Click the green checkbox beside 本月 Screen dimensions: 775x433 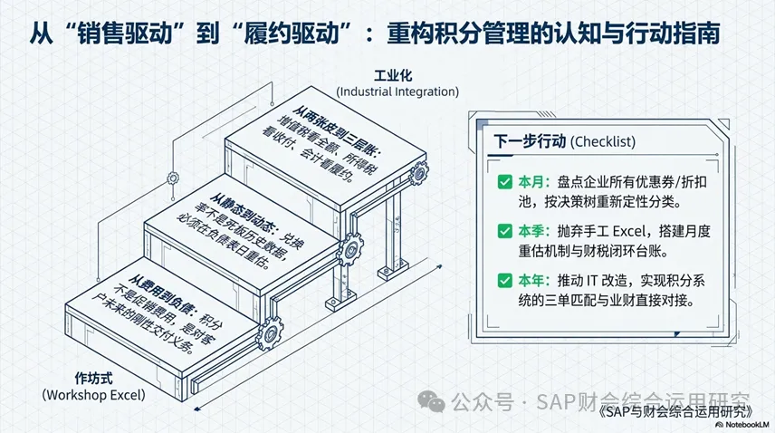tap(504, 182)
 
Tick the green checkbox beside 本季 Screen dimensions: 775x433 tap(504, 231)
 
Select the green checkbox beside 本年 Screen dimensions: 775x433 tap(504, 280)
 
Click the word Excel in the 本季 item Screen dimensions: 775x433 tap(628, 231)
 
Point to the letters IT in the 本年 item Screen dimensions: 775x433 tap(592, 281)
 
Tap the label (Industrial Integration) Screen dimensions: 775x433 tap(397, 91)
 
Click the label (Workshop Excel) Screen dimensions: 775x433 tap(94, 395)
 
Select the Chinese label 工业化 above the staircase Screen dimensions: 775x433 tap(393, 75)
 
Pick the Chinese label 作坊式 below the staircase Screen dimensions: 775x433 tap(94, 378)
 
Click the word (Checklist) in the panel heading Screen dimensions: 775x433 tap(603, 142)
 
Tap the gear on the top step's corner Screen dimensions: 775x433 tap(418, 173)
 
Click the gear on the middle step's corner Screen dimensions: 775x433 tap(350, 250)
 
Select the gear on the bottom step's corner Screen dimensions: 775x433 tap(271, 333)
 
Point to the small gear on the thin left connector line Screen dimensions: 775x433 tap(173, 178)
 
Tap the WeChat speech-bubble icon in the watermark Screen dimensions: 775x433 tap(432, 401)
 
